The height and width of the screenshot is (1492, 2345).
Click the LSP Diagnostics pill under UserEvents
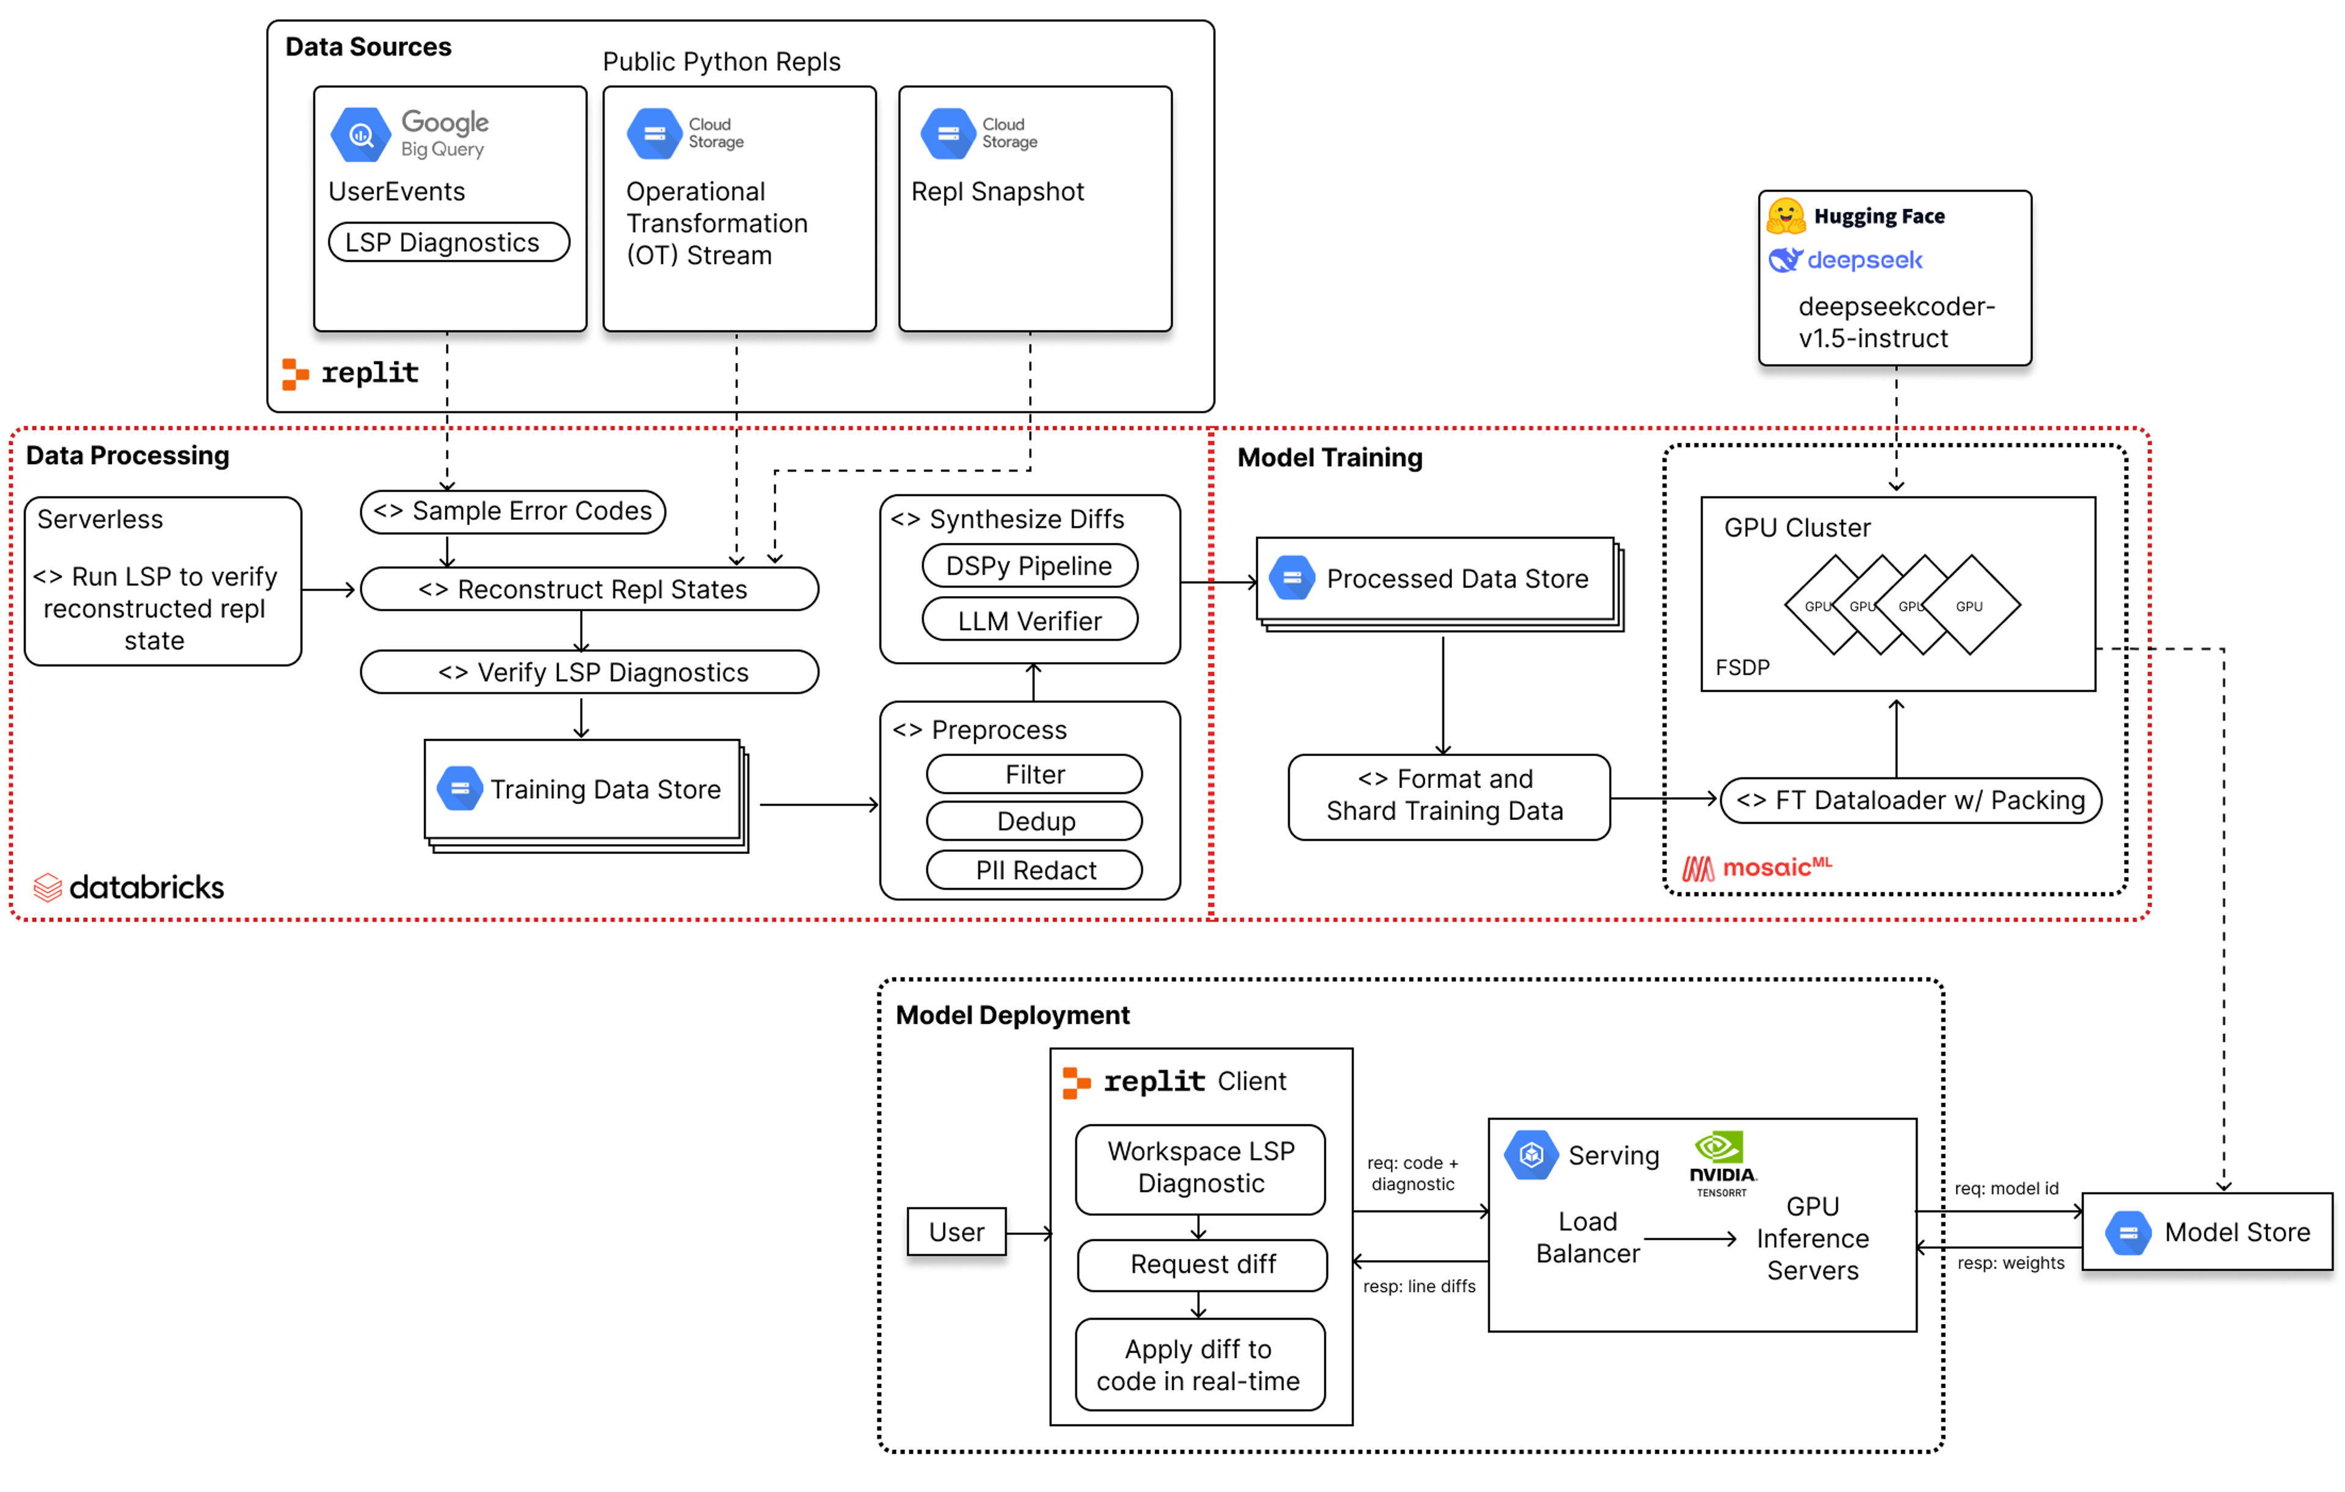[x=449, y=242]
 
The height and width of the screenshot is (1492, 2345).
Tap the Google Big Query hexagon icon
[x=360, y=136]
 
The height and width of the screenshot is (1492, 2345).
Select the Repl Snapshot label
[x=997, y=192]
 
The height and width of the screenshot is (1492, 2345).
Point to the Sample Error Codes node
[x=512, y=511]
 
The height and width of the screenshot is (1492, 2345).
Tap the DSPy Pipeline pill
[x=1030, y=566]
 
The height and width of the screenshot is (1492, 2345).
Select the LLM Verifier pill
[x=1030, y=620]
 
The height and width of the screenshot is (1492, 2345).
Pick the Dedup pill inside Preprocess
[x=1034, y=821]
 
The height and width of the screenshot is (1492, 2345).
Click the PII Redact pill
[x=1034, y=870]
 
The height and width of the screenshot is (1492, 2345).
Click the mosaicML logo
[x=1757, y=867]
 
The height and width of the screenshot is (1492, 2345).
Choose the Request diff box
[x=1202, y=1264]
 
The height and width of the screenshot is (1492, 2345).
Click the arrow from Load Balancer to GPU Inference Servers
[x=1690, y=1239]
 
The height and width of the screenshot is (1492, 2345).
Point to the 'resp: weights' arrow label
[x=2010, y=1263]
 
